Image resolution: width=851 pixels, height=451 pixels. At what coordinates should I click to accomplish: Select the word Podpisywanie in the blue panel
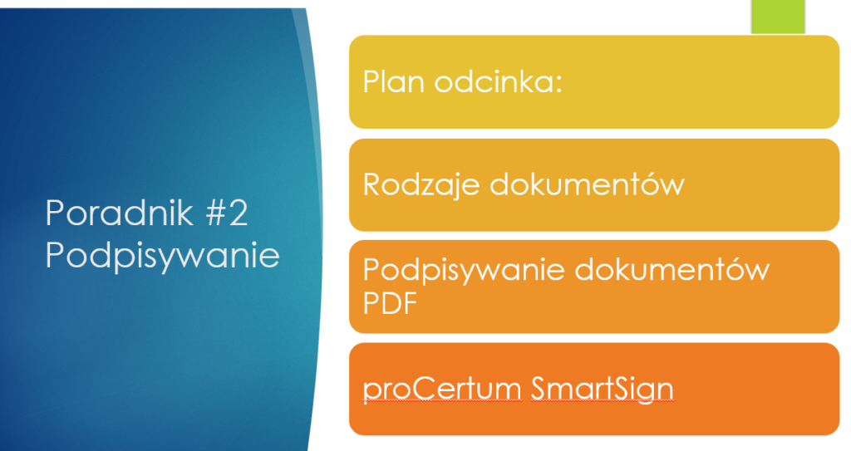pos(162,255)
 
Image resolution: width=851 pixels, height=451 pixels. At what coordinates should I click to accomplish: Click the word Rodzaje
pos(421,184)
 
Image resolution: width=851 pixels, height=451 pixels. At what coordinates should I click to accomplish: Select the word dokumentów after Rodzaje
pos(587,184)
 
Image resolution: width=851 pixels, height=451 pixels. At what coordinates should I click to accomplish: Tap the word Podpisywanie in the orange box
pos(460,271)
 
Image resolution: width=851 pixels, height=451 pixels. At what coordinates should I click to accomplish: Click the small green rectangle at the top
pos(778,17)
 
